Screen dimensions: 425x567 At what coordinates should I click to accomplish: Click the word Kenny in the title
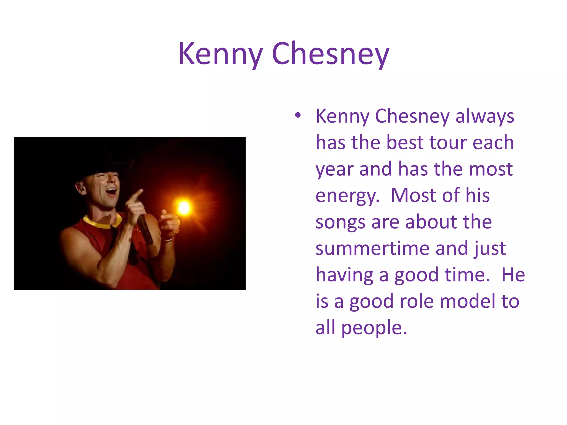click(220, 54)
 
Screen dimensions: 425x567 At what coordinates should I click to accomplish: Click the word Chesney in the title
click(331, 54)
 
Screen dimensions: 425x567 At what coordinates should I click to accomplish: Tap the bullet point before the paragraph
click(298, 115)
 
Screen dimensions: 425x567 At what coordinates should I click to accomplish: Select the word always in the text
click(485, 116)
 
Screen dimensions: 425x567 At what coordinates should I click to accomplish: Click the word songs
click(340, 222)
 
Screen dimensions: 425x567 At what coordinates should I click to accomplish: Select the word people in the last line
click(374, 328)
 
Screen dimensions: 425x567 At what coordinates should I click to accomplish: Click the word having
click(344, 275)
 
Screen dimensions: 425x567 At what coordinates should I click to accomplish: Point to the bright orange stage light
click(184, 208)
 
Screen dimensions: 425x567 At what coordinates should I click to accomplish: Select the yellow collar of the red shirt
click(102, 223)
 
